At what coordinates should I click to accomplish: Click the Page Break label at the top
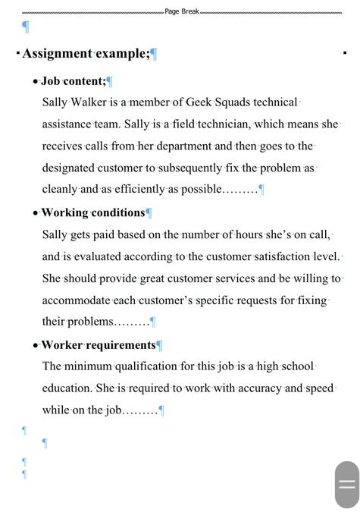click(x=182, y=11)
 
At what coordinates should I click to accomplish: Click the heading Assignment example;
click(x=86, y=53)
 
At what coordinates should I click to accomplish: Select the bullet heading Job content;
click(x=73, y=80)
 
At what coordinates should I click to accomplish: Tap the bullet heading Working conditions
click(x=92, y=212)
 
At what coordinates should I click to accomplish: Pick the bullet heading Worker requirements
click(x=98, y=345)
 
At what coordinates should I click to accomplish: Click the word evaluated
click(x=102, y=256)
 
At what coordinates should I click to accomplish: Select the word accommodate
click(x=80, y=300)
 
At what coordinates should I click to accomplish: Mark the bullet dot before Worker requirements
click(x=36, y=346)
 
